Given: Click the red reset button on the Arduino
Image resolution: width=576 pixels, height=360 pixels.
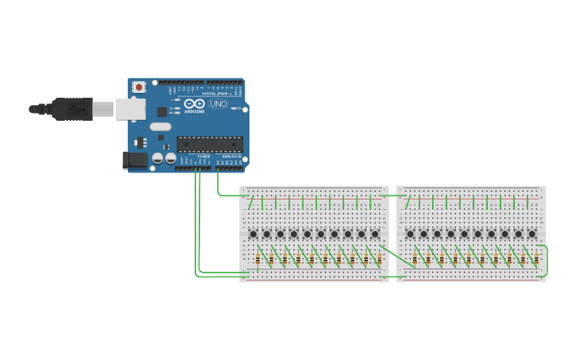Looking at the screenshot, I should tap(139, 87).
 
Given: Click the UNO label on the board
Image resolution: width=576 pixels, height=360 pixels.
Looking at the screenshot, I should tap(218, 104).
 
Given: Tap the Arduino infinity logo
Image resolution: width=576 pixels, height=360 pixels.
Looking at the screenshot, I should tap(194, 104).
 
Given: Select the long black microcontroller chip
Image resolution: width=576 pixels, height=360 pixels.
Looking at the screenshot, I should tap(209, 144).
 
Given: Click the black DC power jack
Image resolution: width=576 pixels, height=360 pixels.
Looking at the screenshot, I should tap(133, 161).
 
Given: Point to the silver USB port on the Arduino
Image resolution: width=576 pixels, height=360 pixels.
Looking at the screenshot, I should tap(130, 109).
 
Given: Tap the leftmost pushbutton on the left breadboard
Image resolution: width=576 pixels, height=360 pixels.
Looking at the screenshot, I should tap(253, 234).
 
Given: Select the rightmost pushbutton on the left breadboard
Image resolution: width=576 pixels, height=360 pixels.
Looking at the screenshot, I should tap(375, 234).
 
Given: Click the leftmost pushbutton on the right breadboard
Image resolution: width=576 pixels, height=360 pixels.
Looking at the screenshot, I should tap(410, 234).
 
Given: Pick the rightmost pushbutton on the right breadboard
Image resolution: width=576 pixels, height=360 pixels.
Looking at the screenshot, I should tap(532, 234).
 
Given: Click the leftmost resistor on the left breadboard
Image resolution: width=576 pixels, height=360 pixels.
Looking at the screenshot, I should tap(257, 259).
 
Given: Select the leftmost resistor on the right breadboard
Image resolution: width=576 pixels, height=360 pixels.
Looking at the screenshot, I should tap(415, 259).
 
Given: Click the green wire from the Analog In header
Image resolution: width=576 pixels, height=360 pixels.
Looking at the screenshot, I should tap(218, 183).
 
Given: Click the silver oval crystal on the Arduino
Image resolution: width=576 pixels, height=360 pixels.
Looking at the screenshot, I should tap(160, 126).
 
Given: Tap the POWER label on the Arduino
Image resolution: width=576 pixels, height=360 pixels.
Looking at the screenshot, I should tap(204, 156).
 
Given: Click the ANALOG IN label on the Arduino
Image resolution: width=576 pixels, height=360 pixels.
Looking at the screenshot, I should tap(231, 156).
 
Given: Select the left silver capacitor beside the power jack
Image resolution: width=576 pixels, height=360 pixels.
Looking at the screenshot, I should tap(157, 159).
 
